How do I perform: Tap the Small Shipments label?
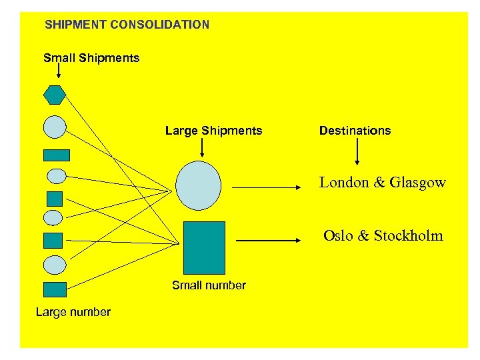[x=91, y=58]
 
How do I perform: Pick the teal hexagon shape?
[x=55, y=95]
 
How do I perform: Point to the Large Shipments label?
[x=213, y=131]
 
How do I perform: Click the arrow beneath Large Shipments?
[x=203, y=149]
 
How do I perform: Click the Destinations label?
[x=355, y=131]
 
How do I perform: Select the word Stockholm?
[x=408, y=235]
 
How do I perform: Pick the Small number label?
[x=209, y=285]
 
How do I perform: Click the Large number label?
[x=73, y=312]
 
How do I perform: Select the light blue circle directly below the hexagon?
[x=55, y=127]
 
